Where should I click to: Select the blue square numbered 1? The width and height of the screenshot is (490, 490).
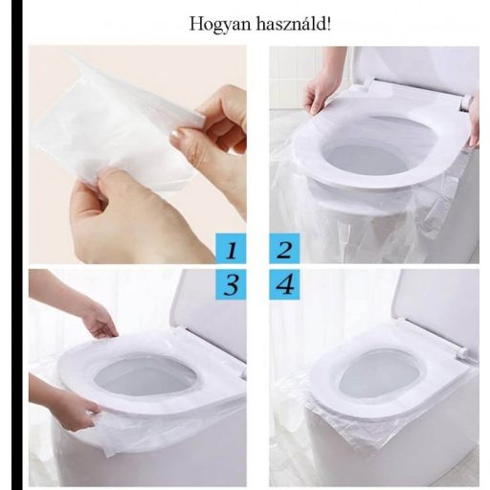pyautogui.click(x=231, y=252)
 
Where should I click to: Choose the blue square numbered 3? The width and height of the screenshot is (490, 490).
pyautogui.click(x=231, y=285)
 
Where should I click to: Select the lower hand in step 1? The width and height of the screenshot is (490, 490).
pyautogui.click(x=115, y=220)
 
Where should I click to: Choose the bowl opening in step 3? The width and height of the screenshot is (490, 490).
pyautogui.click(x=144, y=378)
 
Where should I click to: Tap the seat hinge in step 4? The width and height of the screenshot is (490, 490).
pyautogui.click(x=466, y=354)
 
